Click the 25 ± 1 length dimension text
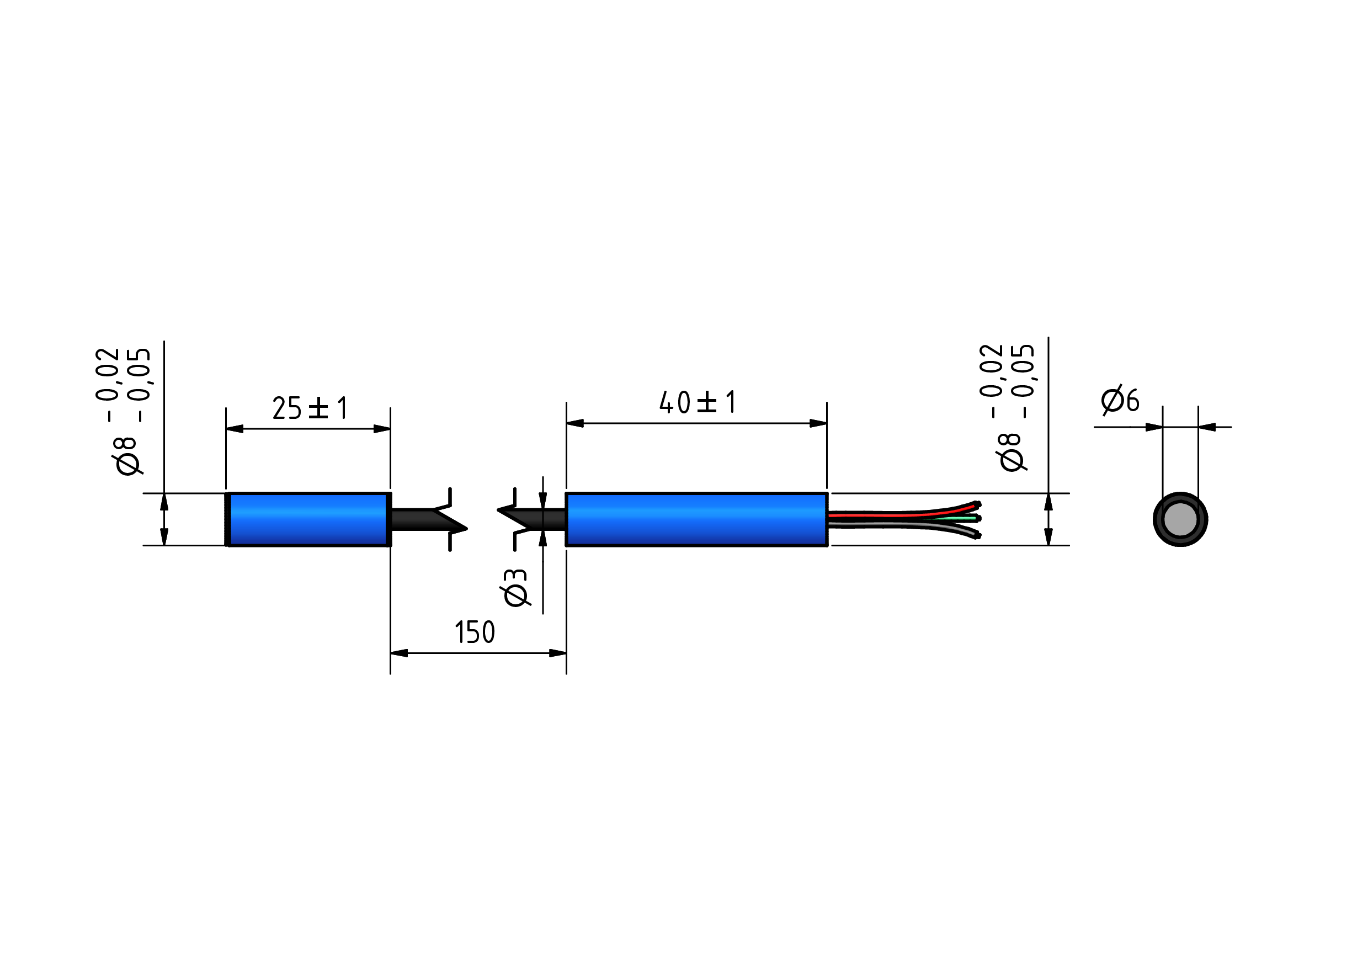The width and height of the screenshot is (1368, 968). pos(310,408)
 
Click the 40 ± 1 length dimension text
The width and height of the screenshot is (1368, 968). pos(697,402)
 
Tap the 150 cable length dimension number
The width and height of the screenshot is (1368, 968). pos(475,632)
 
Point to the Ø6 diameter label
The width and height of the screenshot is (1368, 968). pos(1120,400)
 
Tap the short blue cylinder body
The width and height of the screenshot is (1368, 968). pos(307,519)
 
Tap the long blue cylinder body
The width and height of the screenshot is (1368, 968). pos(696,519)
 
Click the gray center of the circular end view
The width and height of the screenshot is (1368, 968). pos(1180,519)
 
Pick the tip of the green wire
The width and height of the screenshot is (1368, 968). pos(979,518)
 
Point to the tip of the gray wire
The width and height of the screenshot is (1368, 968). pos(977,535)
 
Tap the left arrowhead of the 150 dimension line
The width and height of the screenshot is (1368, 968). pos(399,653)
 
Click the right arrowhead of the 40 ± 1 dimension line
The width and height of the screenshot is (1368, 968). pos(818,423)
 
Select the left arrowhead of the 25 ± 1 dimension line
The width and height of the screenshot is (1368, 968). pos(235,429)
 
